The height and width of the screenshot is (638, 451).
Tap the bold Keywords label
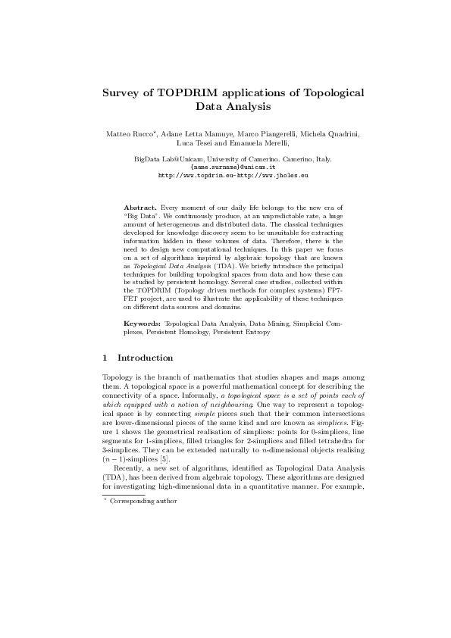tap(142, 323)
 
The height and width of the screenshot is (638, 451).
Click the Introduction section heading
tap(146, 358)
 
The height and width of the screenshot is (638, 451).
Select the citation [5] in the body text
tap(164, 459)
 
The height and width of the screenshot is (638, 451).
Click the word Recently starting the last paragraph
tap(127, 468)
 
